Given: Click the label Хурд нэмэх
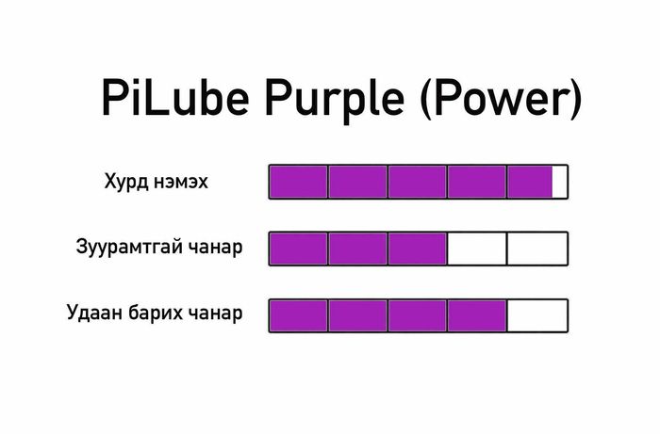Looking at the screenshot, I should [x=156, y=181].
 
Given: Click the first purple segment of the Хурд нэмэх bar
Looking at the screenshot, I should [x=299, y=182].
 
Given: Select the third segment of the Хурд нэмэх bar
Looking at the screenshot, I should [x=418, y=182].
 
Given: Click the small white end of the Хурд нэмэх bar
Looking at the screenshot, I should [x=560, y=182].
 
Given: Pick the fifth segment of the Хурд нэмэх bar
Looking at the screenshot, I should [x=530, y=182].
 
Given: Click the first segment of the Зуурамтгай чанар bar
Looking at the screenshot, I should [x=299, y=249].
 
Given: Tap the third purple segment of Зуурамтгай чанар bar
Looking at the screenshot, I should [x=418, y=249].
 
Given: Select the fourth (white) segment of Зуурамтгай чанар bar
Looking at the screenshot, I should [x=477, y=249].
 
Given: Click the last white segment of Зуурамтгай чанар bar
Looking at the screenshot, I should [x=537, y=249].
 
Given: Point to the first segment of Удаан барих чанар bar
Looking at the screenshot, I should [x=299, y=315].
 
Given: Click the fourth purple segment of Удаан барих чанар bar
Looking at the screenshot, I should [x=477, y=315].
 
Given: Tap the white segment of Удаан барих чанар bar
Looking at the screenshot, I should [x=537, y=315].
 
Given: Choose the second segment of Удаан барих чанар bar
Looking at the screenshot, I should [x=358, y=315].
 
